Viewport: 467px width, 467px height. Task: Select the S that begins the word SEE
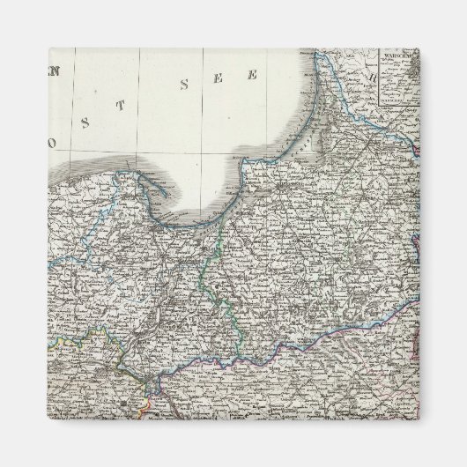point(184,86)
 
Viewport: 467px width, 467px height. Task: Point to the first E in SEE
point(217,79)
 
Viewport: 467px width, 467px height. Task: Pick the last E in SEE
point(251,75)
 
